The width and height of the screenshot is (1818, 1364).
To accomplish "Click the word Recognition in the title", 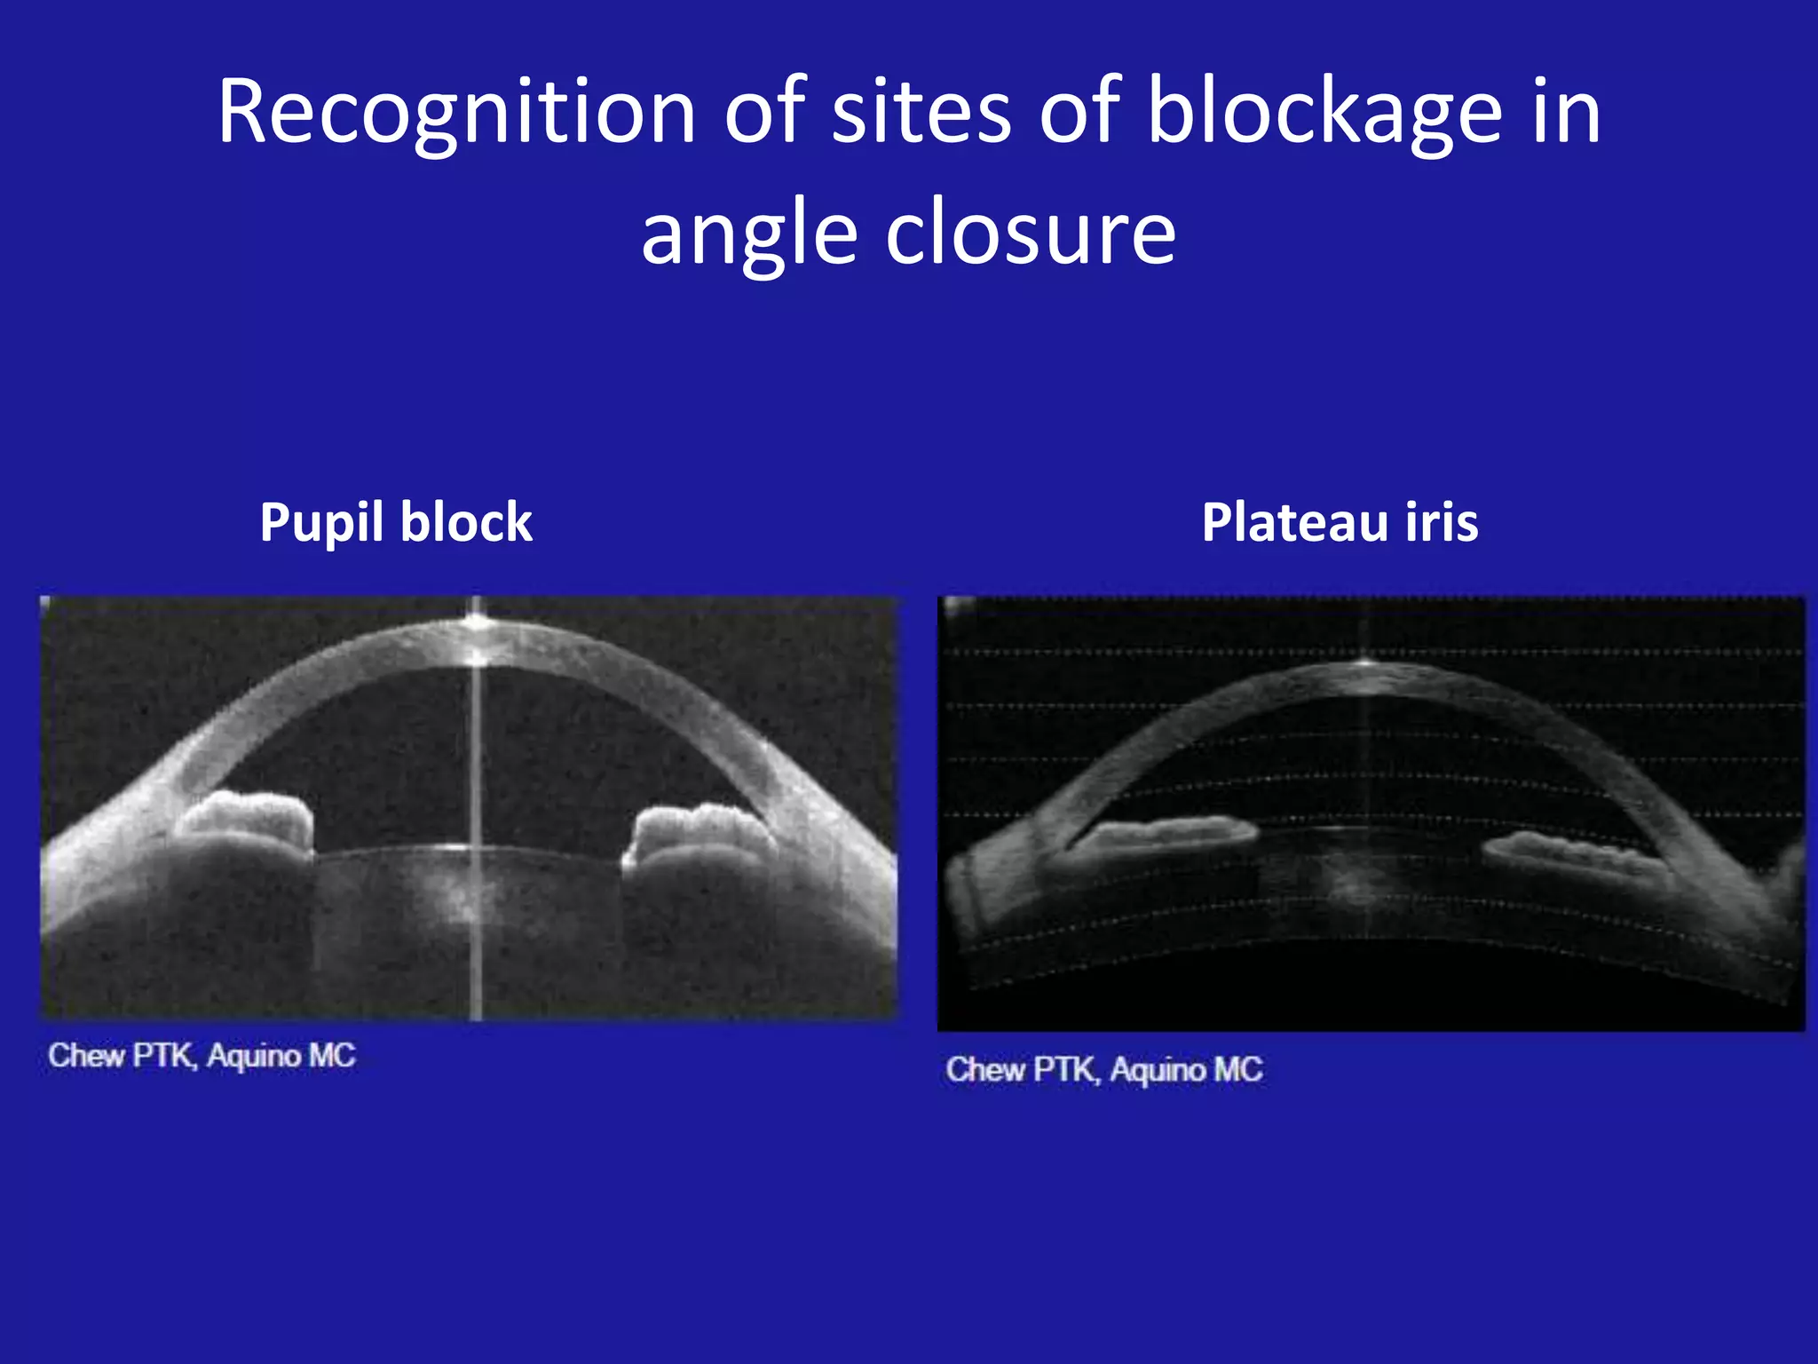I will (x=456, y=113).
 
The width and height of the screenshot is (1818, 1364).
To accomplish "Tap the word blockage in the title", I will (x=1324, y=113).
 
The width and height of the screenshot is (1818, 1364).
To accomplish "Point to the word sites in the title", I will (x=921, y=113).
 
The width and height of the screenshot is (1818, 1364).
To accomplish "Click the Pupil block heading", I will (x=396, y=522).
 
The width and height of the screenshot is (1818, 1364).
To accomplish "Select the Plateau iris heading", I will (x=1340, y=522).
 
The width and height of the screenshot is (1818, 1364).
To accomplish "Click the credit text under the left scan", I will (x=202, y=1056).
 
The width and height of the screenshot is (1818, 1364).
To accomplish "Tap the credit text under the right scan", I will (x=1103, y=1070).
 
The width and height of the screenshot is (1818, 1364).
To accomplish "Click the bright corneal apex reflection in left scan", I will (x=477, y=623).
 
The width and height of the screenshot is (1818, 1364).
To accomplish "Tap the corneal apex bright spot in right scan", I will (x=1364, y=662).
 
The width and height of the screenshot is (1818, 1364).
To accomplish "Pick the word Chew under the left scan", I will (x=86, y=1056).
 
